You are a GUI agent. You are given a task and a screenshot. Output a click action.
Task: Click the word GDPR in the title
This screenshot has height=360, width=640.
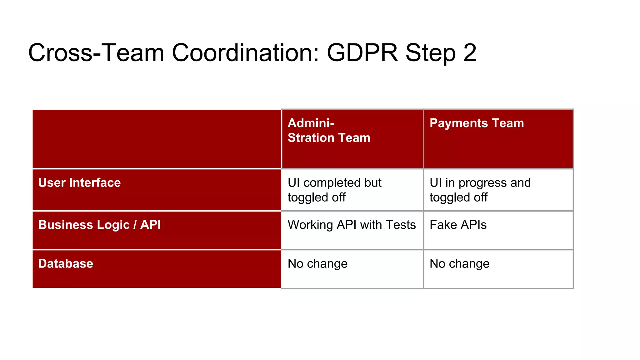[x=362, y=52]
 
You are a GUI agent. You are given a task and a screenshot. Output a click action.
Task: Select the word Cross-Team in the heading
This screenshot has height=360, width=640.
[x=96, y=52]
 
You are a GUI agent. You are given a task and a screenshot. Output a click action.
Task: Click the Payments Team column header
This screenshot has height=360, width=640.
[x=477, y=123]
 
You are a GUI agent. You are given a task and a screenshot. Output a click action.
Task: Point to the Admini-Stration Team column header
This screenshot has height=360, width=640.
[x=329, y=131]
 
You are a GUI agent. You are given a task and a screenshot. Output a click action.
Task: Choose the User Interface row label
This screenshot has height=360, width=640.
[x=79, y=183]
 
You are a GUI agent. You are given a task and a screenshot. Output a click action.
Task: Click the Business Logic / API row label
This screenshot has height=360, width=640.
[x=99, y=225]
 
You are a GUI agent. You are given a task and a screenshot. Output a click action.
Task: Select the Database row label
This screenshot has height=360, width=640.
[x=66, y=264]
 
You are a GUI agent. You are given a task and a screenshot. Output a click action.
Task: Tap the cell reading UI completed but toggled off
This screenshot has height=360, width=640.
[x=334, y=190]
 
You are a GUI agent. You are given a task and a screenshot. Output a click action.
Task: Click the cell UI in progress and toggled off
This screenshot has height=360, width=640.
[x=480, y=190]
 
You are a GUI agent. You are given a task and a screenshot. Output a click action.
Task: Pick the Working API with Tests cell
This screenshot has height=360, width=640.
[x=352, y=225]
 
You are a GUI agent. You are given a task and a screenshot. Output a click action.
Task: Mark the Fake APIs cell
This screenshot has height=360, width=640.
[x=458, y=225]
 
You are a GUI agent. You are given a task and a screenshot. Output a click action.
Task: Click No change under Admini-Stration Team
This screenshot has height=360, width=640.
[x=317, y=264]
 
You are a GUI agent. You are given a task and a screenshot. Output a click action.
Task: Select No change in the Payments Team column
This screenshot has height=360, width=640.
[x=459, y=264]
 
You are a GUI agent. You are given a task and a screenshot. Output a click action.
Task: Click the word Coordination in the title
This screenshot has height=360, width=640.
[x=245, y=52]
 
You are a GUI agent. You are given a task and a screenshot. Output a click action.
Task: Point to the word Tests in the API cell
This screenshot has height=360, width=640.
[x=401, y=225]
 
